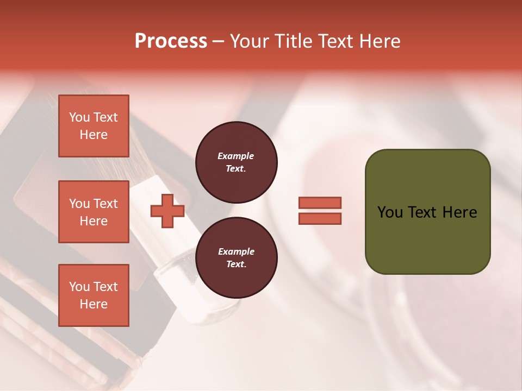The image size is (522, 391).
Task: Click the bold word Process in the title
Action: (x=171, y=41)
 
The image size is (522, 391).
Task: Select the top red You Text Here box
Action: (x=94, y=126)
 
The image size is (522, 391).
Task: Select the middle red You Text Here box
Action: (x=94, y=212)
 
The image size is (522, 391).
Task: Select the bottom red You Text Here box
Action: (x=94, y=295)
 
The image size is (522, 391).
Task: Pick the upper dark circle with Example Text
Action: (x=237, y=162)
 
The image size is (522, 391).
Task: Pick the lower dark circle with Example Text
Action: (x=237, y=258)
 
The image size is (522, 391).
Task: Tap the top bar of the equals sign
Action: (x=320, y=203)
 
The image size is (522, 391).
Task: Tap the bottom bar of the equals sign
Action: (x=320, y=219)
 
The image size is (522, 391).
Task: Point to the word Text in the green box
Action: (x=423, y=212)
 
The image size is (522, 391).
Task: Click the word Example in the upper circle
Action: (x=236, y=156)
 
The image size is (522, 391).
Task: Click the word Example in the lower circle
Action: (x=236, y=251)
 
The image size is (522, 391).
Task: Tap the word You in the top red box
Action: (x=79, y=117)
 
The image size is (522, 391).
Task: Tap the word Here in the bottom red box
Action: (x=94, y=304)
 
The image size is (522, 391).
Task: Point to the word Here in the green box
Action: (x=459, y=212)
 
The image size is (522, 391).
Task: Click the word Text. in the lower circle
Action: (x=236, y=264)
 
